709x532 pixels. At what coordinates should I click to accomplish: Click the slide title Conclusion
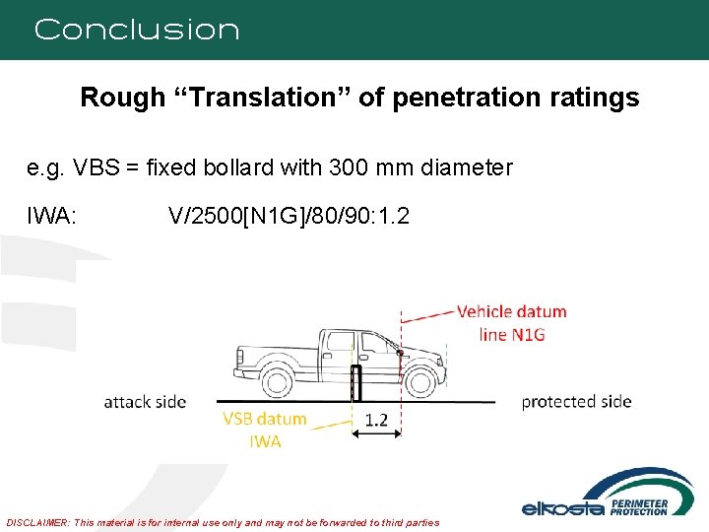[137, 30]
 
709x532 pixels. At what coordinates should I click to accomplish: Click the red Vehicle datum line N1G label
[511, 322]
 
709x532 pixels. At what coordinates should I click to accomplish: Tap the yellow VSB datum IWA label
[265, 430]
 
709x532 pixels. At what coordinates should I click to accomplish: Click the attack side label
[145, 401]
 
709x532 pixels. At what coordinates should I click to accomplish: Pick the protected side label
[576, 401]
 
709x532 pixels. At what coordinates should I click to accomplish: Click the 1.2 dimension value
[376, 420]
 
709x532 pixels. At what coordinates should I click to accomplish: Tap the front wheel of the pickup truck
[423, 381]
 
